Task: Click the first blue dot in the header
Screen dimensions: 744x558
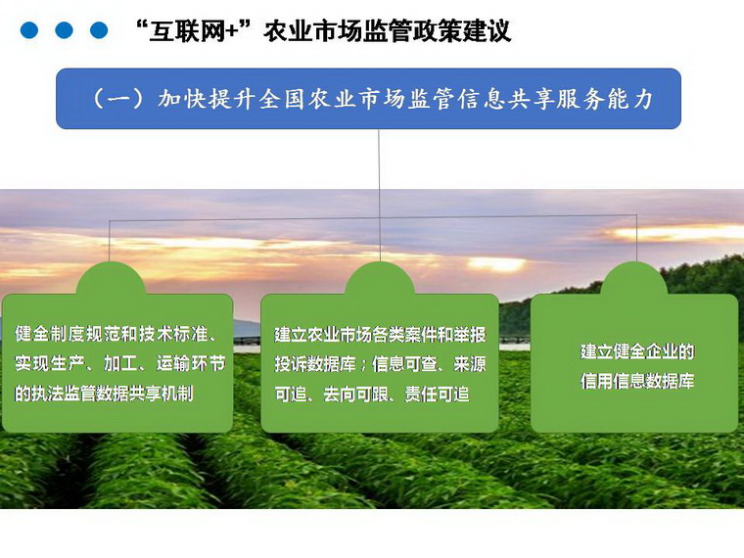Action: [29, 30]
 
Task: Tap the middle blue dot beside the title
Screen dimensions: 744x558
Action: [64, 30]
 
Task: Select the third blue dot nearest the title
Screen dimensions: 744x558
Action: [99, 30]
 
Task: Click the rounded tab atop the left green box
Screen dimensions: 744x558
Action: [111, 279]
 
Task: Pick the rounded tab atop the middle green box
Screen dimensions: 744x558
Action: [380, 279]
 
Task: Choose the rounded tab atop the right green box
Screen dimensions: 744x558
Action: [634, 279]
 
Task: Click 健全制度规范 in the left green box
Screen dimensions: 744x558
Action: [59, 334]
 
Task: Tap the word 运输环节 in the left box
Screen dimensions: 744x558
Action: [191, 363]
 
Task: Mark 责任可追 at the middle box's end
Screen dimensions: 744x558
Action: [437, 394]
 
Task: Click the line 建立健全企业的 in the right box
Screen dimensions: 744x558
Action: [637, 351]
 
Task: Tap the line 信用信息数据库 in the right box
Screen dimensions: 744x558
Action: [637, 381]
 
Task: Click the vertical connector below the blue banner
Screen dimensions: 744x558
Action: [379, 195]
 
